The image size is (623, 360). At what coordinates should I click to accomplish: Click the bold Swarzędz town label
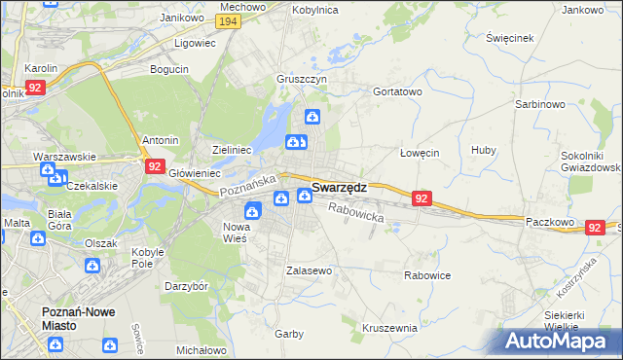[x=339, y=187]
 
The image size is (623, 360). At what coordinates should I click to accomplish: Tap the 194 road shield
[x=229, y=21]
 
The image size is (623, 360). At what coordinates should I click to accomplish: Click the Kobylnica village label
[x=314, y=9]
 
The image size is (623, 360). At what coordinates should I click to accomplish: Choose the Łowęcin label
[x=421, y=153]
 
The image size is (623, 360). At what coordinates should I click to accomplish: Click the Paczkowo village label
[x=553, y=222]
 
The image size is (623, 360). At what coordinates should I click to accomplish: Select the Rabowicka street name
[x=356, y=212]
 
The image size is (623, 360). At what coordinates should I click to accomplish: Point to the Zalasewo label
[x=310, y=270]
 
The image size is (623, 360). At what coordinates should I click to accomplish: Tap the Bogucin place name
[x=169, y=69]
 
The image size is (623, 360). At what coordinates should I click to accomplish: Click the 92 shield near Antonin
[x=156, y=166]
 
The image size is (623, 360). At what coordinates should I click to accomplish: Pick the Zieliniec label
[x=233, y=150]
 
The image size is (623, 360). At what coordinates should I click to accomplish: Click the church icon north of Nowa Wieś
[x=252, y=209]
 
